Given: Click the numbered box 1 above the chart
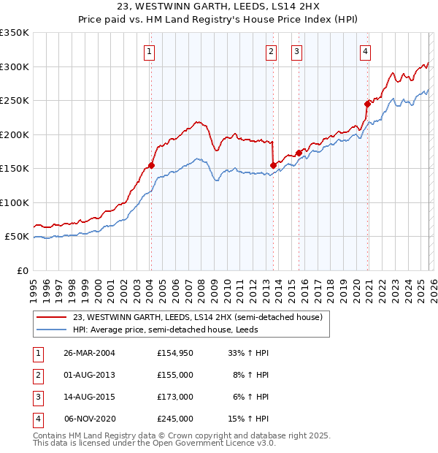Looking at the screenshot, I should (x=148, y=51).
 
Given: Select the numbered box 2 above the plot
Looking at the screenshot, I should (x=271, y=51).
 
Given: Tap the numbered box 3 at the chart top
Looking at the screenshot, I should (x=297, y=51).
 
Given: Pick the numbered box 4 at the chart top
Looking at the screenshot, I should (x=364, y=51).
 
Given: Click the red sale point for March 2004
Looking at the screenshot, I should (x=152, y=166).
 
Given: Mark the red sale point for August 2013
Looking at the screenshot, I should (x=272, y=165).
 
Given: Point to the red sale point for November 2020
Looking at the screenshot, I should (x=367, y=104).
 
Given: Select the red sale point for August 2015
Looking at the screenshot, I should (x=299, y=153).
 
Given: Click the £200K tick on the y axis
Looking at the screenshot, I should (x=14, y=134).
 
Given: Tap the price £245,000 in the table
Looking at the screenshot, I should (x=174, y=419).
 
